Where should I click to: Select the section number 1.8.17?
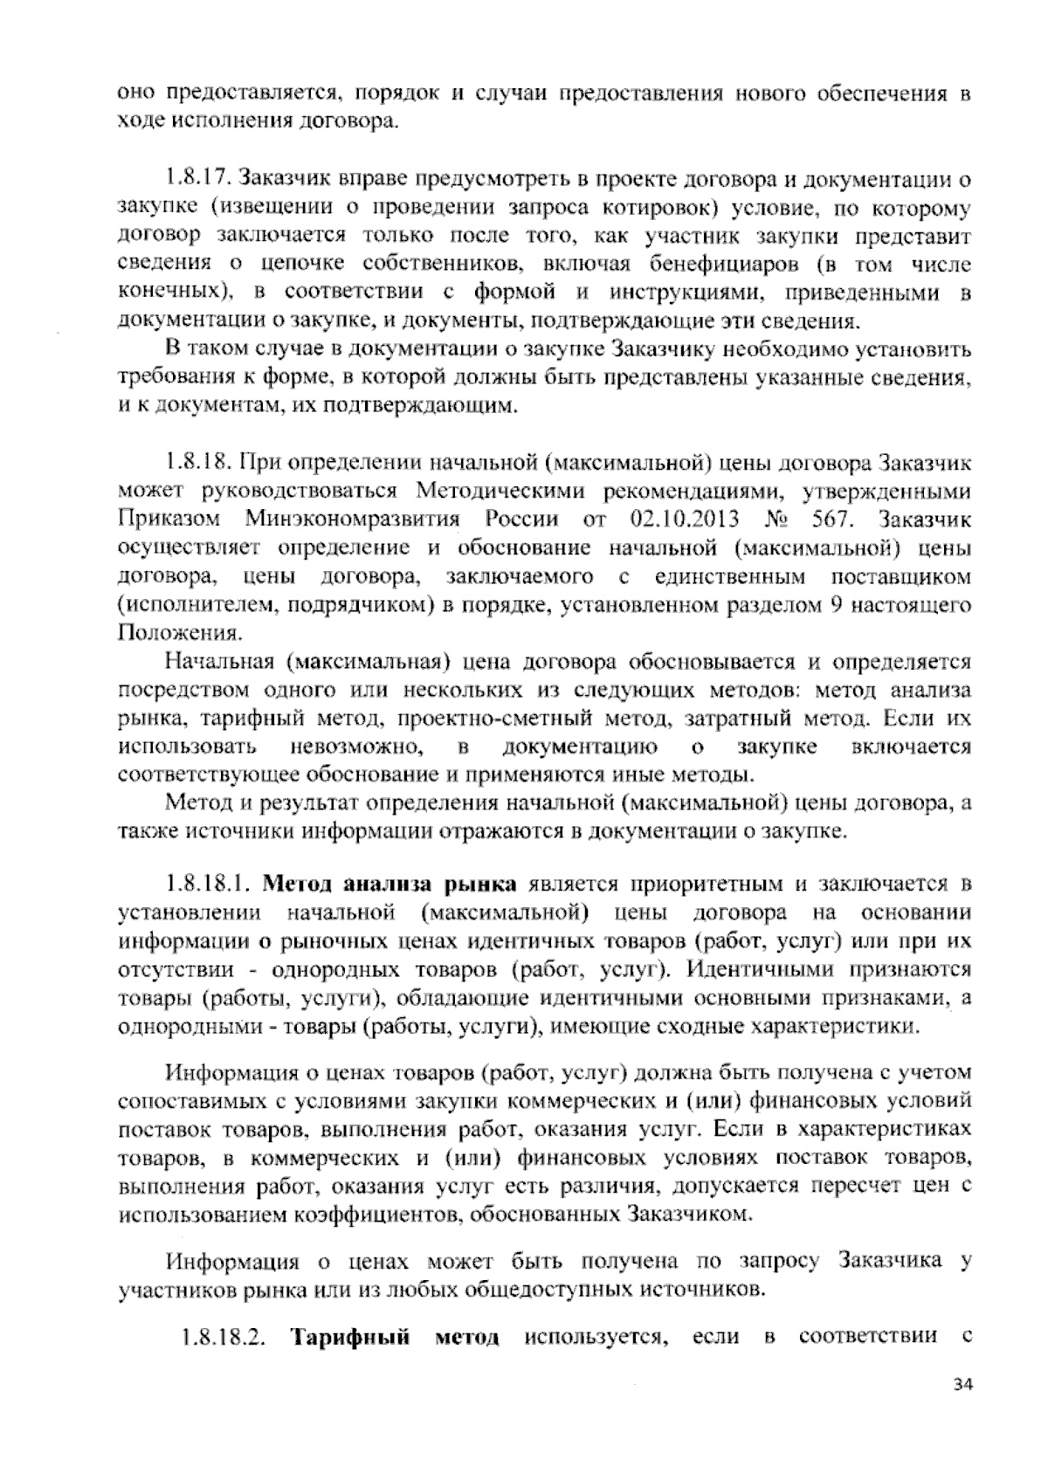coord(199,181)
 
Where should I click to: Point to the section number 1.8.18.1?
coord(210,885)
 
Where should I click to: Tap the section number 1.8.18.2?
coord(223,1337)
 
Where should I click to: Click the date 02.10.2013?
coord(684,519)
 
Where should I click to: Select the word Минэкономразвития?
coord(352,519)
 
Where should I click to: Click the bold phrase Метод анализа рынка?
coord(390,885)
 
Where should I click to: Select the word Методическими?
coord(524,491)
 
